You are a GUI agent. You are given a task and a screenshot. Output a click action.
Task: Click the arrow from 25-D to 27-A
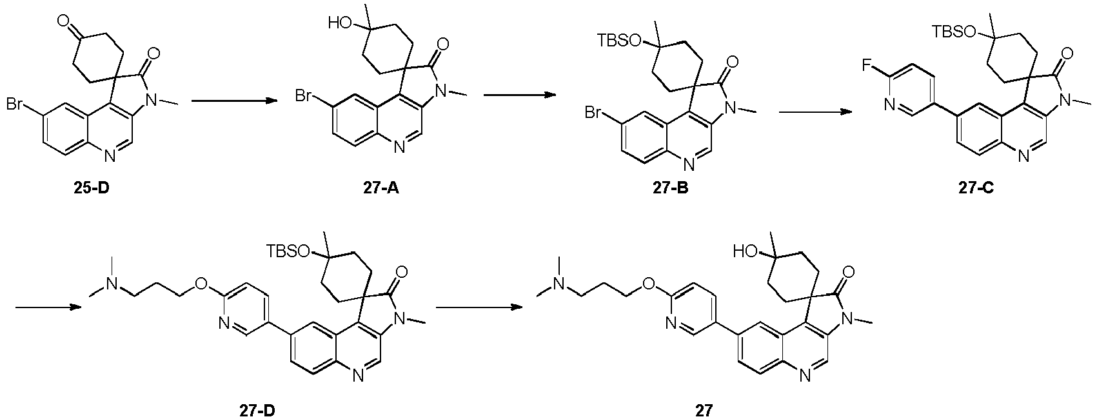click(234, 101)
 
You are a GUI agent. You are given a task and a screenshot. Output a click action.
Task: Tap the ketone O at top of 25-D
click(62, 21)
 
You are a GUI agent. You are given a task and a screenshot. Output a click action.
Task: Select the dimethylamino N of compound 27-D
click(112, 284)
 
